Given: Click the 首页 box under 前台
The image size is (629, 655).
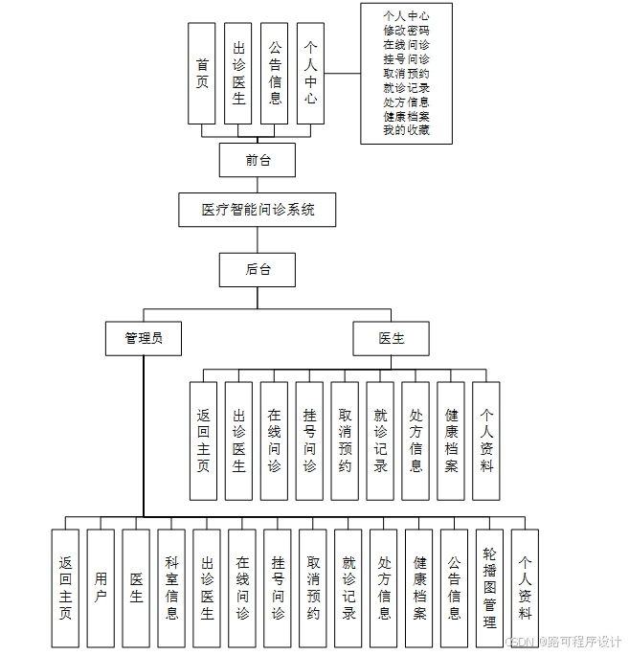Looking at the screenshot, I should tap(202, 74).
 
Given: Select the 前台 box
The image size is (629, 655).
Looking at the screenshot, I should tap(257, 160).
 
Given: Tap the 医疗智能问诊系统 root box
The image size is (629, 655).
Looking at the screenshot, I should tap(258, 210).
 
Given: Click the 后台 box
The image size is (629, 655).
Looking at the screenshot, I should tap(257, 270).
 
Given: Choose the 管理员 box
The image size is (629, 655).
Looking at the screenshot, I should tap(143, 338).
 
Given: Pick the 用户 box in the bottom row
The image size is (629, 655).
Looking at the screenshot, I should tap(101, 588).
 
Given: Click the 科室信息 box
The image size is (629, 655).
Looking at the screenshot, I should tap(171, 588).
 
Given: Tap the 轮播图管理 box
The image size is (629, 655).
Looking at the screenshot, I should tap(489, 588).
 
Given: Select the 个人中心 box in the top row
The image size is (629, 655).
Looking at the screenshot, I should tap(310, 74).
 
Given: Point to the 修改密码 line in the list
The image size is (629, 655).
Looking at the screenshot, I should tap(406, 31).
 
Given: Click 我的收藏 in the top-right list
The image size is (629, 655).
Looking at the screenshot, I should tap(406, 130).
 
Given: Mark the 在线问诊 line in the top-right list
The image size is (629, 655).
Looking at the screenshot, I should tap(406, 45).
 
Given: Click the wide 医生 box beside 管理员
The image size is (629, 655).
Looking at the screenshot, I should tap(391, 338).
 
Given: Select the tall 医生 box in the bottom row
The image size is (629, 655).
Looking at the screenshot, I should tap(136, 588).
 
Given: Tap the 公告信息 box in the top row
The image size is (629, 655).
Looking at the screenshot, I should tap(275, 74).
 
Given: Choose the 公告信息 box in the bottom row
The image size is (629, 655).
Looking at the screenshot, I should tap(454, 588).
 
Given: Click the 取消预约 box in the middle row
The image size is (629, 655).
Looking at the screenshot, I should tap(345, 440).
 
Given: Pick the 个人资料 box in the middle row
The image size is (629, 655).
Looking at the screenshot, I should tap(486, 440).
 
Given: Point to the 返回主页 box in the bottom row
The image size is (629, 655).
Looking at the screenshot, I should tap(65, 588).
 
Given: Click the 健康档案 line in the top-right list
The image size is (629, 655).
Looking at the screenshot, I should tap(406, 116).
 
